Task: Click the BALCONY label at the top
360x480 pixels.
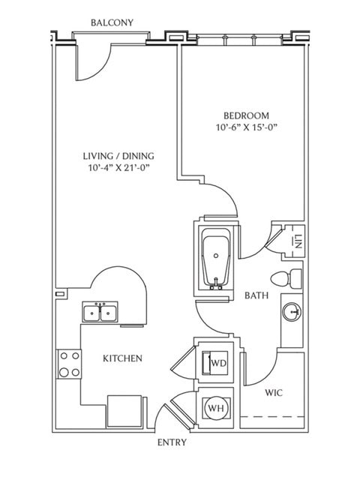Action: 112,22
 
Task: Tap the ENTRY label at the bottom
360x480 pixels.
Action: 172,442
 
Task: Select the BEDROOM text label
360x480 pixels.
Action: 246,115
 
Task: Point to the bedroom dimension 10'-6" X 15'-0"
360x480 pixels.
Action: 246,128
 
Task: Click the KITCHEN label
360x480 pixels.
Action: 122,358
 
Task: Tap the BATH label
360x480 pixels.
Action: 256,295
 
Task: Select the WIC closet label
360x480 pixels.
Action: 272,392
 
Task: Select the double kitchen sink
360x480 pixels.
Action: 100,311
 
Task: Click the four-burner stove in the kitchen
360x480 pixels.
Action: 70,364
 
